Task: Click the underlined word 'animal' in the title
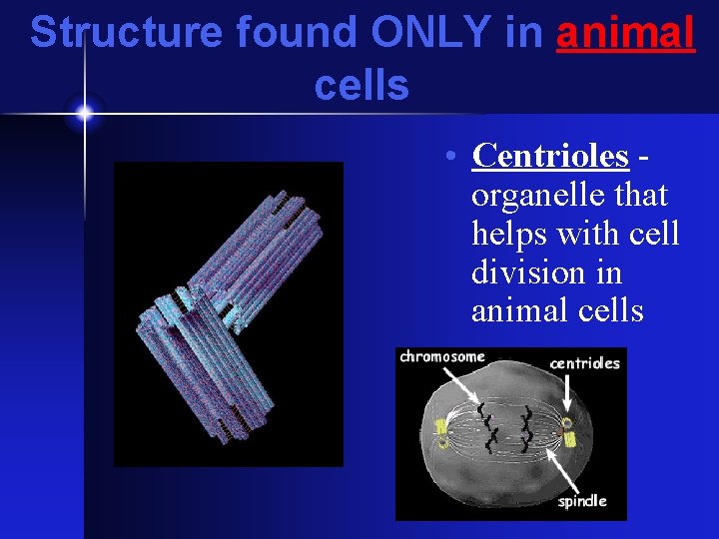pos(625,33)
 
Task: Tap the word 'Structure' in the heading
pos(127,33)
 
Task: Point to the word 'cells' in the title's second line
pos(361,86)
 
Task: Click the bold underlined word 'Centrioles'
pos(550,156)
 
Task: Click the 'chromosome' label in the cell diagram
pos(441,356)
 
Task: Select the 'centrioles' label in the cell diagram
pos(584,362)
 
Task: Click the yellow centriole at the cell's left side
pos(439,431)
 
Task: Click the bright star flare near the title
pos(84,113)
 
